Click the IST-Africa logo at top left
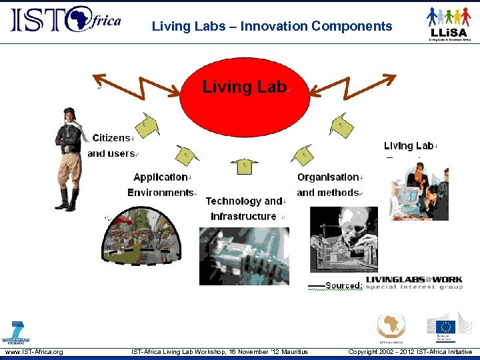pyautogui.click(x=65, y=20)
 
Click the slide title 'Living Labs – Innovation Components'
pyautogui.click(x=272, y=27)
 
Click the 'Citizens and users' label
pyautogui.click(x=112, y=146)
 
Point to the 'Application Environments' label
pyautogui.click(x=161, y=185)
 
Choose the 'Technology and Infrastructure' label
pyautogui.click(x=245, y=209)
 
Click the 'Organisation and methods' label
pyautogui.click(x=329, y=185)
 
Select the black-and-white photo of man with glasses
pyautogui.click(x=344, y=239)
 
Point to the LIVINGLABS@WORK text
pyautogui.click(x=413, y=280)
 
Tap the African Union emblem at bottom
pyautogui.click(x=391, y=327)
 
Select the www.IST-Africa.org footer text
pyautogui.click(x=34, y=351)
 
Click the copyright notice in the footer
pyautogui.click(x=410, y=351)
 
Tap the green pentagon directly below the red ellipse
pyautogui.click(x=244, y=167)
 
